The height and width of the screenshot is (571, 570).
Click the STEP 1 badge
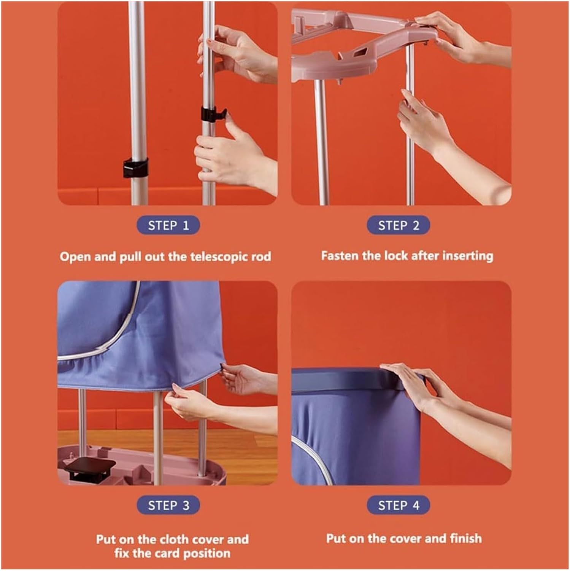[168, 225]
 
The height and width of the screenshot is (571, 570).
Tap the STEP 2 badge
[398, 225]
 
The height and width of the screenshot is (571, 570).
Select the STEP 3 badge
[168, 505]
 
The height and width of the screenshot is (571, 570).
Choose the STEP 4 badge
[398, 505]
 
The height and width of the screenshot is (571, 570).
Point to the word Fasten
[340, 256]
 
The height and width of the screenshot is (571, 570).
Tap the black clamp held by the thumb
[211, 114]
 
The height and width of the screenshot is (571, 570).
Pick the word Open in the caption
[75, 257]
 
